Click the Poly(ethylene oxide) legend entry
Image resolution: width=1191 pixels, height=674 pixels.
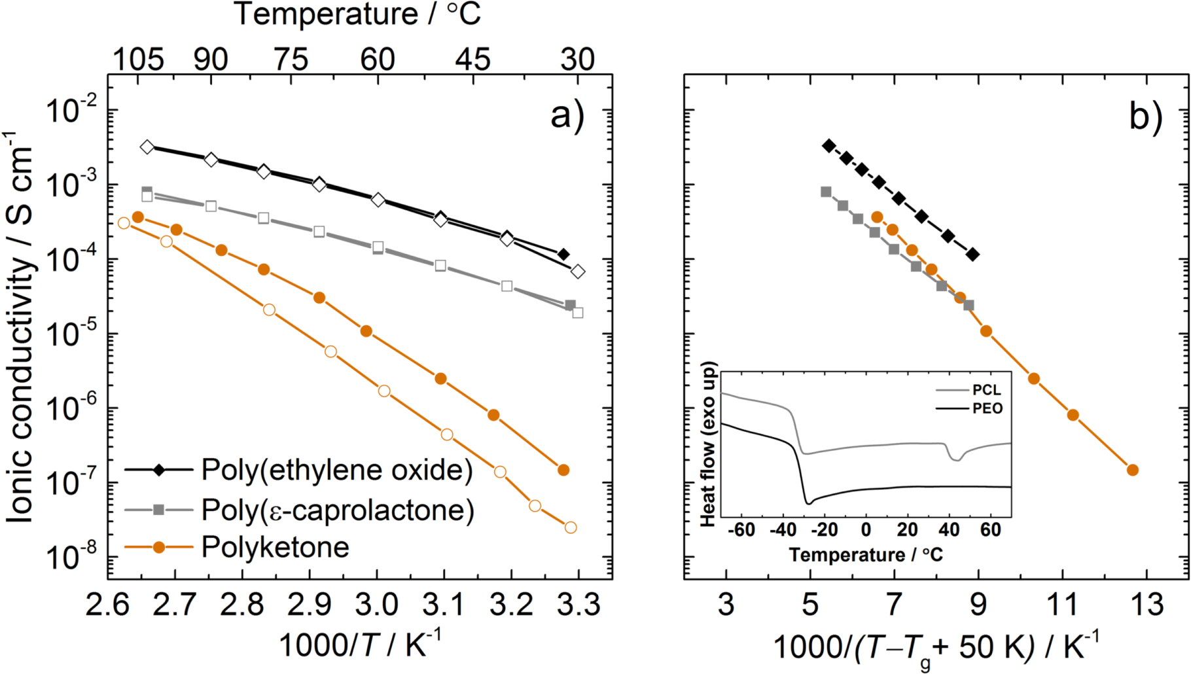tap(336, 470)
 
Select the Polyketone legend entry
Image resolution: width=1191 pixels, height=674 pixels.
tap(275, 547)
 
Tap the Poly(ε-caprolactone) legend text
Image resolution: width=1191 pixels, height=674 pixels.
tap(338, 510)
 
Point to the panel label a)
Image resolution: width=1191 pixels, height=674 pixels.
tap(567, 116)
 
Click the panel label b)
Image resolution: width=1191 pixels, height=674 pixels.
tap(1146, 116)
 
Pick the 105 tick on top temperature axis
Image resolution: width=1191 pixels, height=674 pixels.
tap(138, 60)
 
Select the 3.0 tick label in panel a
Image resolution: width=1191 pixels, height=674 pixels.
tap(377, 604)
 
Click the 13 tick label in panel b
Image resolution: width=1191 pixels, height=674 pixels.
tap(1147, 604)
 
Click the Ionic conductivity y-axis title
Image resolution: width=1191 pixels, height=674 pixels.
tap(21, 327)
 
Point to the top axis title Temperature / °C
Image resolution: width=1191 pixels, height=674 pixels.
tap(358, 14)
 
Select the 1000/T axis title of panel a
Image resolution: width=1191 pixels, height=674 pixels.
tap(360, 645)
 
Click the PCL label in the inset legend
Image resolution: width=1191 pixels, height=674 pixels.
tap(986, 390)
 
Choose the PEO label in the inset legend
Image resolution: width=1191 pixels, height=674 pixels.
tap(987, 408)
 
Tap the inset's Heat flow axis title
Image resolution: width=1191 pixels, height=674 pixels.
tap(708, 445)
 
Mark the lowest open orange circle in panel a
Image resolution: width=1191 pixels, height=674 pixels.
tap(571, 527)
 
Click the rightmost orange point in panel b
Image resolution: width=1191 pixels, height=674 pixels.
tap(1133, 470)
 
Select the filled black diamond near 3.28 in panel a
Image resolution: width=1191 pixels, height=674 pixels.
tap(563, 254)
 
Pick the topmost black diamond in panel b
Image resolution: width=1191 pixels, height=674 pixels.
tap(829, 146)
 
